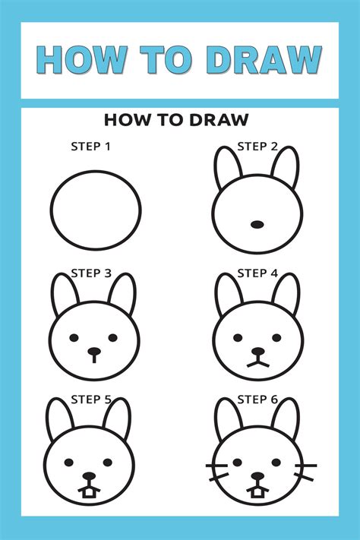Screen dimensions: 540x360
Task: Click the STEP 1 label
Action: click(x=91, y=146)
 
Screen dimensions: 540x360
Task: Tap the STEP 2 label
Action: click(x=257, y=146)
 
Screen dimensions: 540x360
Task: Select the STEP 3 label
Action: click(x=91, y=273)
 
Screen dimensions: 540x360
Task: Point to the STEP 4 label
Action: click(x=257, y=273)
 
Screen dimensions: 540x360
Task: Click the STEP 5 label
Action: click(x=91, y=398)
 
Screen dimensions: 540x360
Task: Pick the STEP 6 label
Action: click(x=257, y=398)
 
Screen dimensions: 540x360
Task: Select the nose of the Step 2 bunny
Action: click(x=257, y=224)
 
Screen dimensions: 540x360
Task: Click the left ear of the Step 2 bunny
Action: click(x=227, y=168)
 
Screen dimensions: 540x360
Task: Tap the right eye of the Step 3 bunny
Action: click(x=113, y=337)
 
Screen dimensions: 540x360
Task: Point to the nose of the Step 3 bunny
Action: click(x=93, y=352)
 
